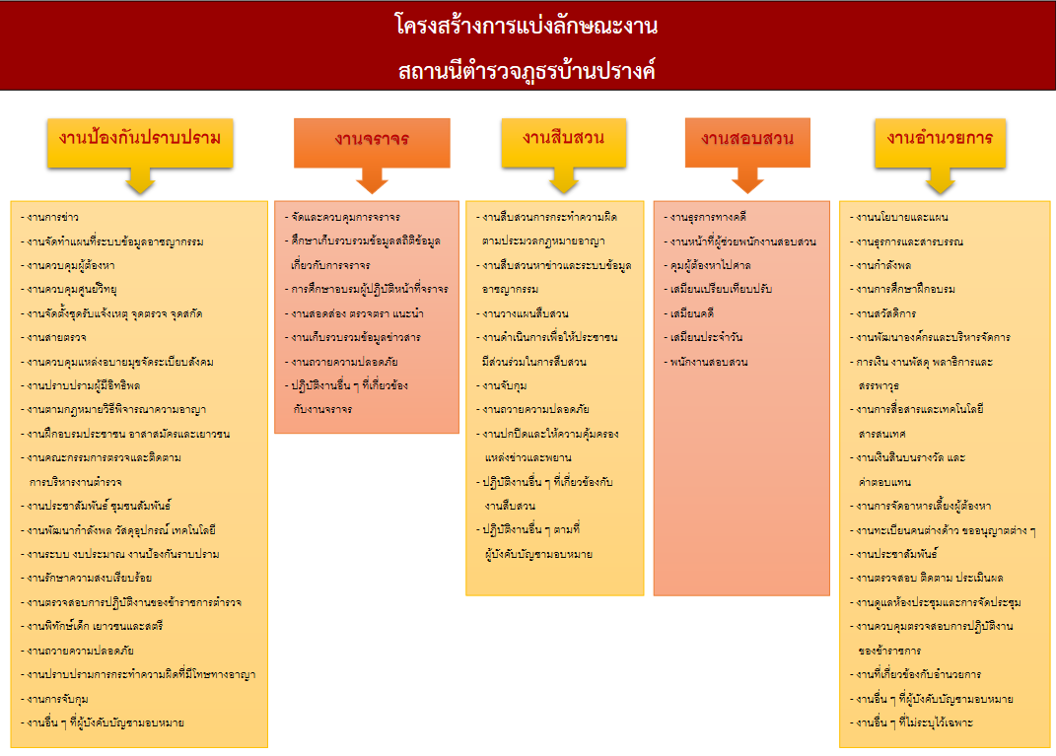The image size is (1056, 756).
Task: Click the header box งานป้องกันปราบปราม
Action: pos(140,138)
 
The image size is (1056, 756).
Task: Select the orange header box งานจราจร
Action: pos(372,140)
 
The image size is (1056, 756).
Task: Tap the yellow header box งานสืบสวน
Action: pos(563,138)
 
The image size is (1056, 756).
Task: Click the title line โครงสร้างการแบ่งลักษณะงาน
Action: pos(527,27)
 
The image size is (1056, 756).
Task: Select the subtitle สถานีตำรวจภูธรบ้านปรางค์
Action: pos(527,71)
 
